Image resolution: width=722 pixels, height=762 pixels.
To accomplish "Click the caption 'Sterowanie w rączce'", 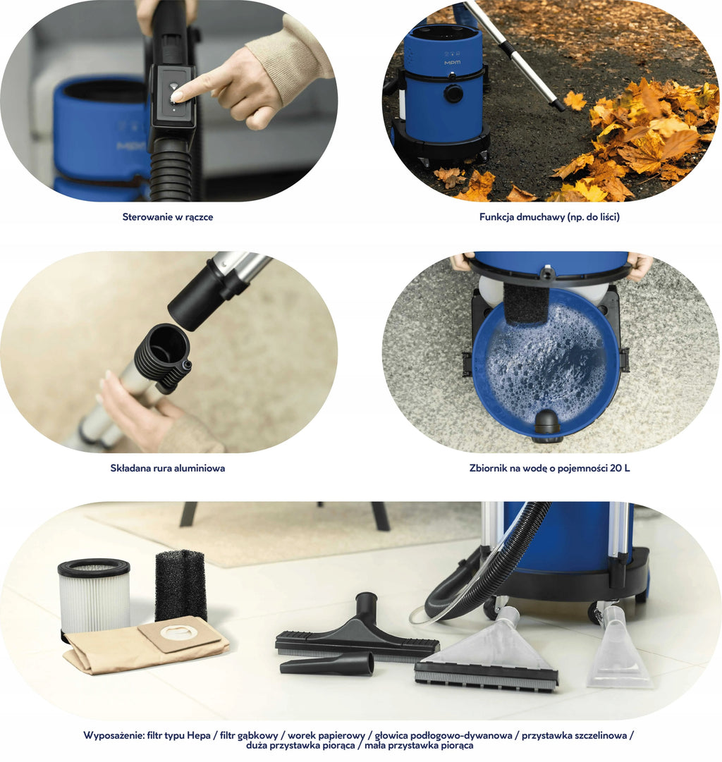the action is click(168, 217).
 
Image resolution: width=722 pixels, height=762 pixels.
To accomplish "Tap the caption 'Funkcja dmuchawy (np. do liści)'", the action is click(549, 217).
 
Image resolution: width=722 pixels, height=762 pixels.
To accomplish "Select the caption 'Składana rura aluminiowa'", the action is click(168, 469).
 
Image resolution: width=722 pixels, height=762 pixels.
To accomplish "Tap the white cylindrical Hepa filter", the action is click(94, 596).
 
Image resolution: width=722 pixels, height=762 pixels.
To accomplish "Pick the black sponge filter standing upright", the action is click(181, 586).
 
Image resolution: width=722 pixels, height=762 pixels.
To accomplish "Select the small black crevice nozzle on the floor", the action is click(326, 664).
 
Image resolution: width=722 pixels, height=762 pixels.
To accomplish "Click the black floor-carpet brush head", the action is click(357, 632).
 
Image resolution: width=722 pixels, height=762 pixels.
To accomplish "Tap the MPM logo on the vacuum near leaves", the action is click(452, 63).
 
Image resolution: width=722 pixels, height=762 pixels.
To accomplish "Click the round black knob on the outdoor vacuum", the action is click(453, 93).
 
